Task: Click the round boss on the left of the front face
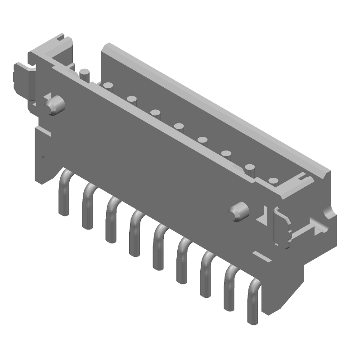point(54,105)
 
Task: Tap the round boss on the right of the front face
point(239,211)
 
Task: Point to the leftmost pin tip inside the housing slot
point(84,72)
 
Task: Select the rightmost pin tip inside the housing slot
point(273,181)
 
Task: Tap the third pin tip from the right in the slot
point(226,154)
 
